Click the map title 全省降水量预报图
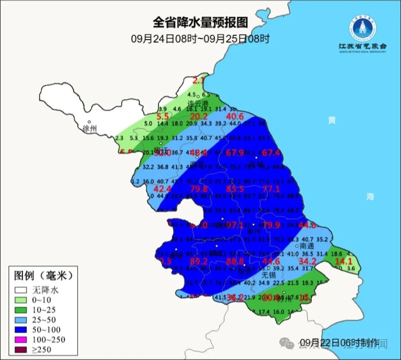200,23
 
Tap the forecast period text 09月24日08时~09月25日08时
200,39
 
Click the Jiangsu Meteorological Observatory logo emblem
362,28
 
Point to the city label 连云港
198,103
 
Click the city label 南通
307,246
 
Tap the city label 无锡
269,275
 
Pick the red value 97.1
235,225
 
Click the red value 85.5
235,189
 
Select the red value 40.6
235,117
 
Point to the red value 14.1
344,261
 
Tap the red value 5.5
163,117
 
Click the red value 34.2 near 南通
307,261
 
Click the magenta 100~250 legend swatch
22,339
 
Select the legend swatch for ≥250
22,349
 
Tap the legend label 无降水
45,290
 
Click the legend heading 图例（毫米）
43,276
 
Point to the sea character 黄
332,120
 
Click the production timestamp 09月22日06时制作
339,342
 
